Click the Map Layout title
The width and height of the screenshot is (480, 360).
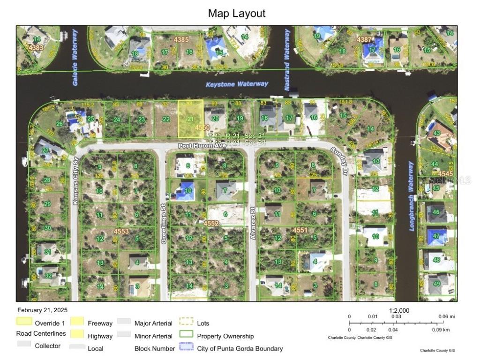pos(236,13)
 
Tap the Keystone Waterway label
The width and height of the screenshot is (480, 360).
pos(237,84)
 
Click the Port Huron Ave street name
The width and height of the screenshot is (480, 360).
pos(202,146)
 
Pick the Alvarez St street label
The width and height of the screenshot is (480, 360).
pos(252,227)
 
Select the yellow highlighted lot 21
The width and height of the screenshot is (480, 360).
pos(190,119)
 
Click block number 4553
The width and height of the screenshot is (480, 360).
pos(121,231)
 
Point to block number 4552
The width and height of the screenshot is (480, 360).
pos(211,224)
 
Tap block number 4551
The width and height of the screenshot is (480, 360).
pos(300,230)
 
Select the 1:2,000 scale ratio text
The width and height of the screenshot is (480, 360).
pos(399,310)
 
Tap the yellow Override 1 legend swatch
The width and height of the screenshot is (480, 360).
pos(24,322)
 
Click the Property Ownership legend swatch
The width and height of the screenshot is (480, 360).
pos(186,335)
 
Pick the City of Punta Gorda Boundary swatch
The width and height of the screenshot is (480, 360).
pos(186,347)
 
